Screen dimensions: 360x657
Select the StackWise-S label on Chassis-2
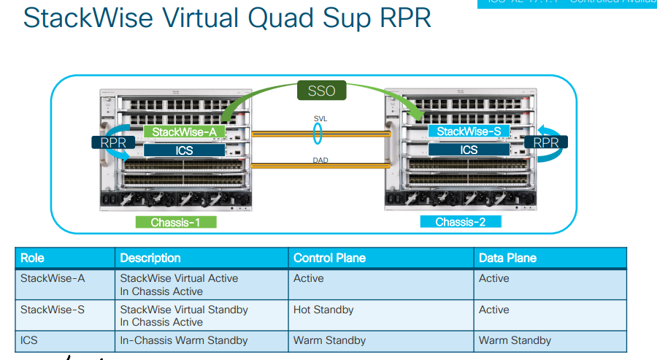(x=468, y=131)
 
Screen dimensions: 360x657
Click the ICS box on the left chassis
(x=183, y=150)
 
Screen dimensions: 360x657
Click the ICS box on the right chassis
(x=468, y=150)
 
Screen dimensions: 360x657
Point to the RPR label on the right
(x=545, y=143)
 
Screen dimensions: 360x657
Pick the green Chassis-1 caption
(x=175, y=222)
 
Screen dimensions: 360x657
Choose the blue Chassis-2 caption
(x=461, y=222)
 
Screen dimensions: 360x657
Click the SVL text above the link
(x=320, y=118)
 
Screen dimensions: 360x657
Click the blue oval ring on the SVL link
(x=318, y=133)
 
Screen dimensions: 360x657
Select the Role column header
(x=32, y=258)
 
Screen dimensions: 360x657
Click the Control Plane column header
(x=329, y=258)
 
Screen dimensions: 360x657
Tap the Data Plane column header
(x=507, y=258)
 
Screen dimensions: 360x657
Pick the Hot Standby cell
(x=323, y=310)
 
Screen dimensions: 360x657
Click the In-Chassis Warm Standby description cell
(x=183, y=340)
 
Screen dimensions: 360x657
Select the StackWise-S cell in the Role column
(x=53, y=310)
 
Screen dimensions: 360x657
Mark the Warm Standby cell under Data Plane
(x=515, y=340)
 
